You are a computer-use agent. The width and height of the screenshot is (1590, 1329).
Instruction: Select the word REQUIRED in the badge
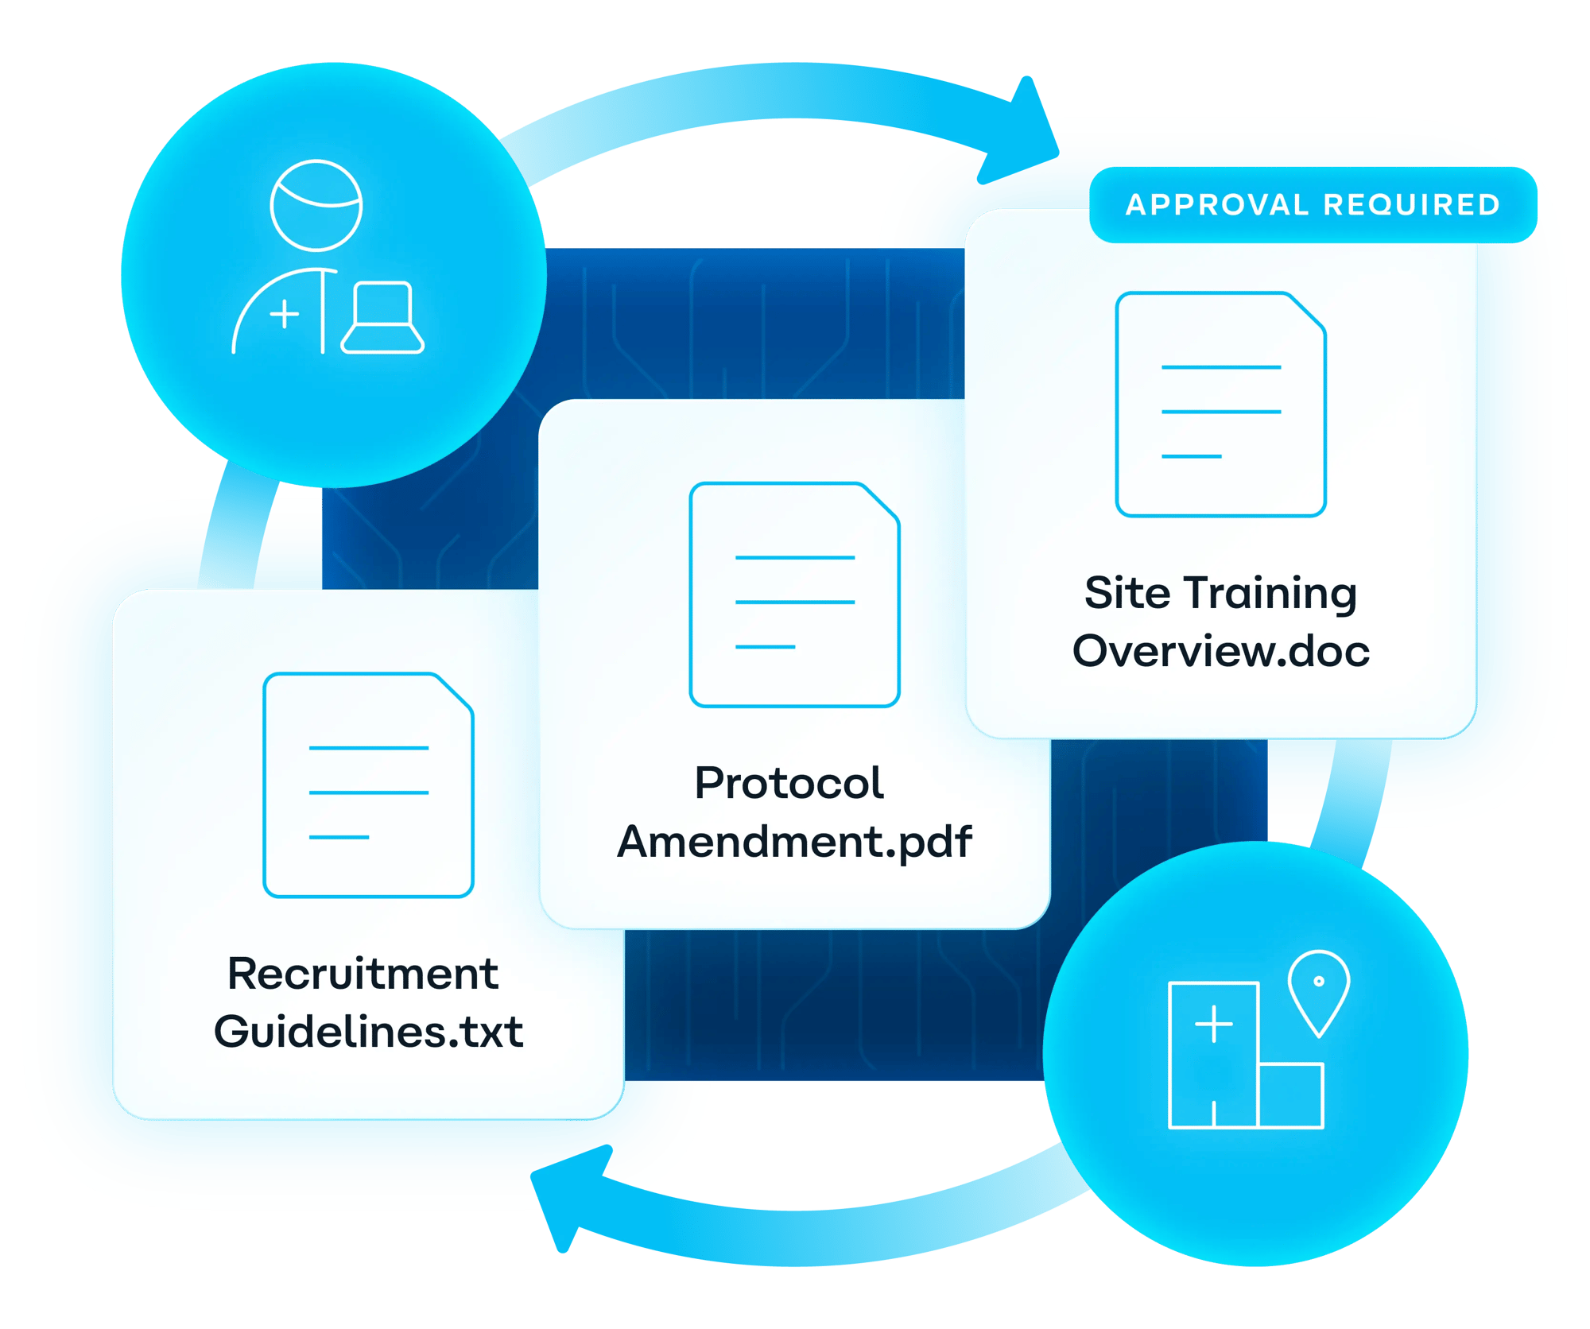click(1412, 205)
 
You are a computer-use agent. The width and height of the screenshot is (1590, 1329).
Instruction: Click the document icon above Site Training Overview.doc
click(1220, 405)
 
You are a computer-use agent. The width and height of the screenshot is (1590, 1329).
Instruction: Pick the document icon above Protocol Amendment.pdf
click(794, 595)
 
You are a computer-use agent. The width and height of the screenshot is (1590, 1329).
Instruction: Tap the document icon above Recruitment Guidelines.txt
click(368, 785)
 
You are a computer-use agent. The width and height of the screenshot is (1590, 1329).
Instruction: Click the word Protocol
click(789, 783)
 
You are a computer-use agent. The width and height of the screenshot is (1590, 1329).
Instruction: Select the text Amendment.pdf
click(794, 842)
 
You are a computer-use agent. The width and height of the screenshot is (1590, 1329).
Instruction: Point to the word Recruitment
click(363, 974)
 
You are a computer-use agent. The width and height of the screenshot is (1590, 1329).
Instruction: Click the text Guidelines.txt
click(368, 1032)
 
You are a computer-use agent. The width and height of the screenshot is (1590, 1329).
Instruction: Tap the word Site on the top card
click(1127, 593)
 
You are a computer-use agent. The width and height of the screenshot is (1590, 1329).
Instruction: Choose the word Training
click(1270, 595)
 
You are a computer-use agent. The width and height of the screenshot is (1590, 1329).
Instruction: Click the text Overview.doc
click(1220, 651)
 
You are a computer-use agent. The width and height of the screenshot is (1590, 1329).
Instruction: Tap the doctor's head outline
click(316, 205)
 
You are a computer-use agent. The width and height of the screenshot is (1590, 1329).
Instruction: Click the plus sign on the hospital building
click(1213, 1024)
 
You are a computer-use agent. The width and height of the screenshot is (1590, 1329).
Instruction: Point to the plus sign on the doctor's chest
click(285, 314)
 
